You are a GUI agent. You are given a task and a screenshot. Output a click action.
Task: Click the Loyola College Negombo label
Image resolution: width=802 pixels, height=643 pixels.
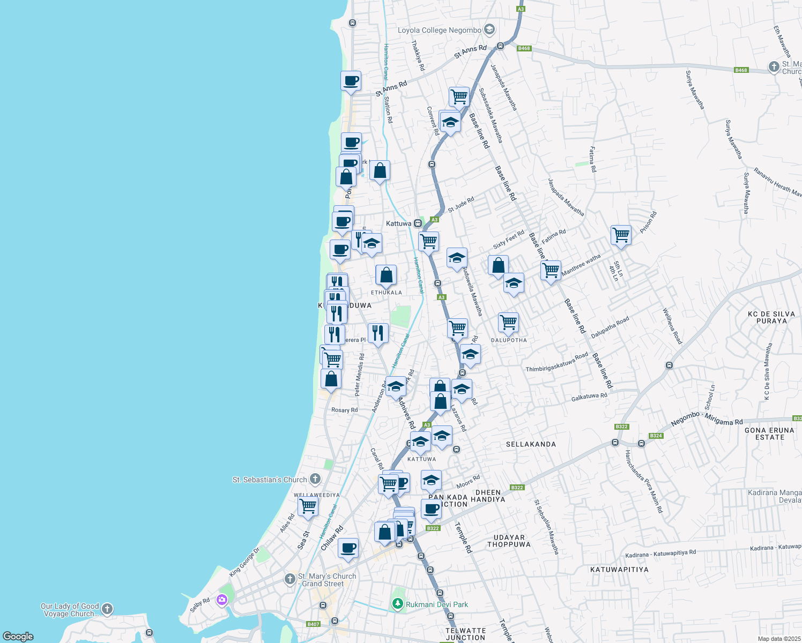pos(439,31)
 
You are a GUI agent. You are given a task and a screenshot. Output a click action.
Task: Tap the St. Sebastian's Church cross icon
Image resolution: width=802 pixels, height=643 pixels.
pos(315,479)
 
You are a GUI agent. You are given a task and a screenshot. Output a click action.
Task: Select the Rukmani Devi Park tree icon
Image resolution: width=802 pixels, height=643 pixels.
pos(397,604)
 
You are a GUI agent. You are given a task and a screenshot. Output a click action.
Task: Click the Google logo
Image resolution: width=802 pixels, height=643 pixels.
pos(18,636)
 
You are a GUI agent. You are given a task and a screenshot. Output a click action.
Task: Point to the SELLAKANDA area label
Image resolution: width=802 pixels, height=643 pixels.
pos(531,444)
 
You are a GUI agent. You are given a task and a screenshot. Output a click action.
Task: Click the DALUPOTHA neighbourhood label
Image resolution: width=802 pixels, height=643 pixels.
pos(509,340)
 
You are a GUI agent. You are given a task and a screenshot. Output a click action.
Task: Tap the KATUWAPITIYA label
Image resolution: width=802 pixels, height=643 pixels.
pos(619,570)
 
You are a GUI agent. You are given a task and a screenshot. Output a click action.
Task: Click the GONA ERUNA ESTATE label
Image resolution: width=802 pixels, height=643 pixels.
pos(769,433)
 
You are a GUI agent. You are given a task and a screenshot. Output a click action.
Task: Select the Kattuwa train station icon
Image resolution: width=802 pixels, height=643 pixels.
pos(418,223)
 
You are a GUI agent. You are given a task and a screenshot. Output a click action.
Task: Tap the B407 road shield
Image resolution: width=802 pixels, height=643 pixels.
pos(313,624)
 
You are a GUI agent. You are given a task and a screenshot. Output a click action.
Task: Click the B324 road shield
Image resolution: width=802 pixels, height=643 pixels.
pos(656,436)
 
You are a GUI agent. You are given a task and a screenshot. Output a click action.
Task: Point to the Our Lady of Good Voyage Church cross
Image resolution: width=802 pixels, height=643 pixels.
pos(107,609)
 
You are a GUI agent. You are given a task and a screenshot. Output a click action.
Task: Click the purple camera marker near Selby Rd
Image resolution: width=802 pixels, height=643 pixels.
pos(222,600)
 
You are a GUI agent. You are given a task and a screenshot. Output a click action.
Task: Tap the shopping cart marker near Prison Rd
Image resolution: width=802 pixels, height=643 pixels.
pos(621,234)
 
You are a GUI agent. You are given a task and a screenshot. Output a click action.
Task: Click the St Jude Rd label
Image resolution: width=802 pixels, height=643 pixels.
pos(461,205)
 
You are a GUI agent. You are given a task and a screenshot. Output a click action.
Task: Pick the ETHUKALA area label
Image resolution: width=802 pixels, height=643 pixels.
pos(386,293)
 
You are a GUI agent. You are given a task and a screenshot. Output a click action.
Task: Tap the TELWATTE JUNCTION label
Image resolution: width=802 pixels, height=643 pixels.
pos(465,634)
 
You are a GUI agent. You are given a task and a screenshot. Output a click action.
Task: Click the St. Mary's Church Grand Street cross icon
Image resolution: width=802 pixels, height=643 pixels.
pos(290,579)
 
